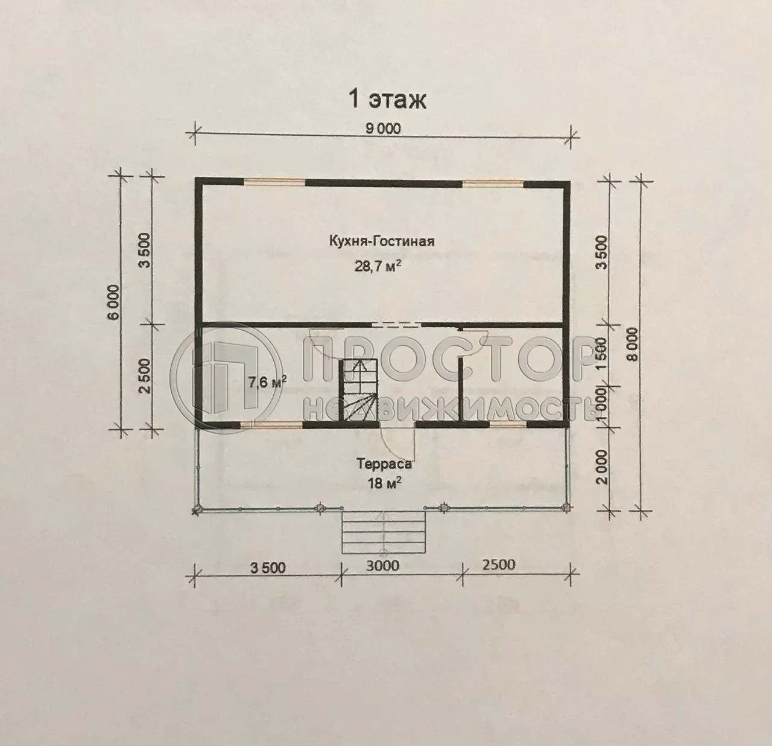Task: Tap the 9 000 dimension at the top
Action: [x=382, y=128]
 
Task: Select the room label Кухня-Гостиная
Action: [x=382, y=241]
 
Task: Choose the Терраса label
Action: [x=384, y=464]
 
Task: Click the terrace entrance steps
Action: [x=383, y=532]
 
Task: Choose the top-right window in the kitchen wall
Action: [x=493, y=181]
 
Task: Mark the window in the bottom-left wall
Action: [x=273, y=424]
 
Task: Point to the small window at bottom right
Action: [x=507, y=424]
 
